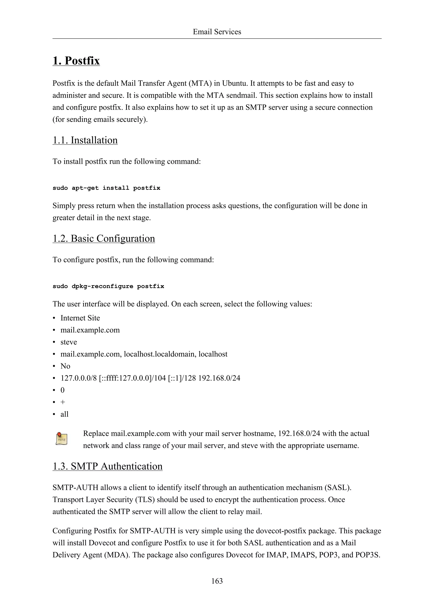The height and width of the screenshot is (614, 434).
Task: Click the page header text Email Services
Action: [x=217, y=32]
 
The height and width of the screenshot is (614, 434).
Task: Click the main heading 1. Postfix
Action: [x=76, y=61]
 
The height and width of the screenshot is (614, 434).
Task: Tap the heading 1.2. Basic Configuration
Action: [x=104, y=239]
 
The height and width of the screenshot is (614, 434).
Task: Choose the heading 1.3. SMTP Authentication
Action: [x=107, y=466]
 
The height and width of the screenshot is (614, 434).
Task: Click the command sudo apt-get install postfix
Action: [x=106, y=188]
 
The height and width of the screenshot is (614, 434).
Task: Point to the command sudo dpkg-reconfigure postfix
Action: [x=108, y=286]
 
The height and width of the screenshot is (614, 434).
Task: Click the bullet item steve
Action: [x=69, y=342]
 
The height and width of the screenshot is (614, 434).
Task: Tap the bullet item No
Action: [x=65, y=366]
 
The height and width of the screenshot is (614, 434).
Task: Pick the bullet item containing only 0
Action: [x=63, y=390]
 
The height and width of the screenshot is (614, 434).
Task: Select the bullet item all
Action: [x=64, y=414]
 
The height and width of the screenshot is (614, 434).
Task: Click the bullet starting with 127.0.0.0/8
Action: [x=150, y=378]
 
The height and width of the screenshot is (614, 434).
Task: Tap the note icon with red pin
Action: [x=61, y=439]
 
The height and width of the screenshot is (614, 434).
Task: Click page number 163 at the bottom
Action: [x=217, y=581]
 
